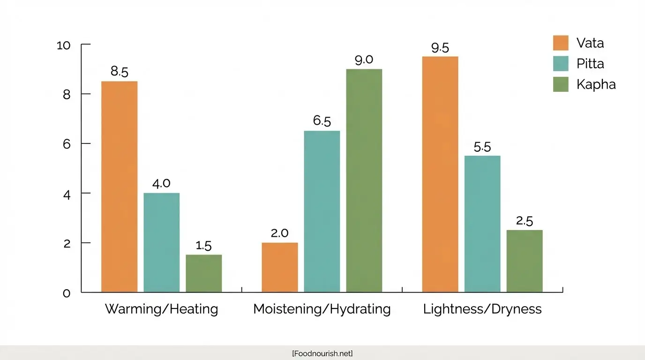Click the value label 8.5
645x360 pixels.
[120, 72]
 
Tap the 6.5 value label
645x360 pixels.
[322, 121]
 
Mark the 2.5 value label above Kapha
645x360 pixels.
[525, 221]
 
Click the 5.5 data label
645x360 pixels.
[482, 147]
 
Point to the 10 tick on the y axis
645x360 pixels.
[63, 45]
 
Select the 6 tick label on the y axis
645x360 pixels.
[67, 144]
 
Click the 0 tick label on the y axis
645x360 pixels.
[67, 293]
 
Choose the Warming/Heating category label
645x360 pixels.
[161, 309]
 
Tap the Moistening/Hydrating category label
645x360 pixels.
[322, 309]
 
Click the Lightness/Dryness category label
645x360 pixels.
[482, 309]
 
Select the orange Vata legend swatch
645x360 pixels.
[561, 43]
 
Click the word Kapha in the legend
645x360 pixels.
[596, 84]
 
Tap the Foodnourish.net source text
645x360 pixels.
[322, 353]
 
